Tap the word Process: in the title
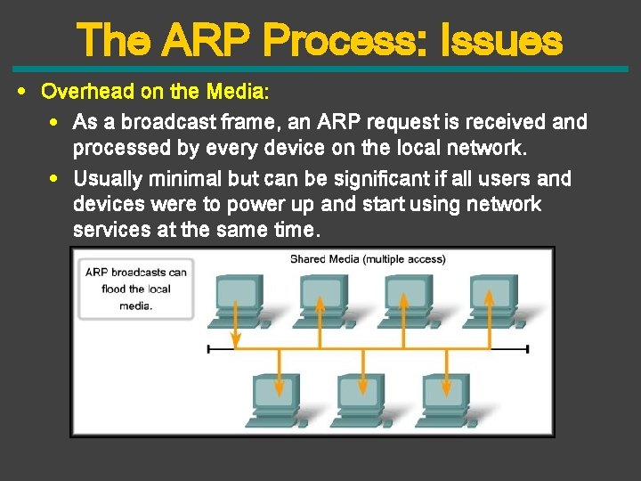tap(346, 40)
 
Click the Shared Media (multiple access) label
tap(367, 259)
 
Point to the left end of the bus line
tap(208, 349)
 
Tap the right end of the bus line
tap(527, 349)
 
